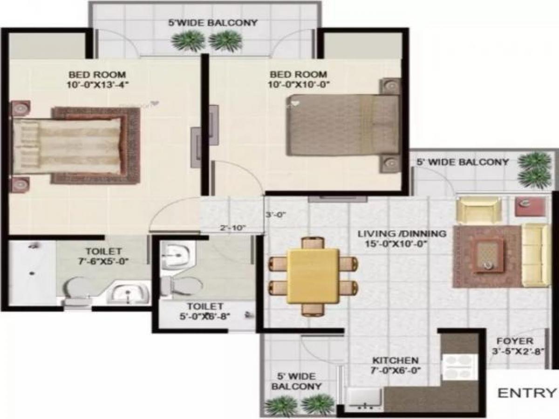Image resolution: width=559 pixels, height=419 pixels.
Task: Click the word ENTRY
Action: point(527,392)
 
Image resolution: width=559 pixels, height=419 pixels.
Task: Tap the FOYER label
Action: point(514,341)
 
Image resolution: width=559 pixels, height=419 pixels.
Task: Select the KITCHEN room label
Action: point(395,360)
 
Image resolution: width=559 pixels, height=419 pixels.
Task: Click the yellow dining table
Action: point(313,276)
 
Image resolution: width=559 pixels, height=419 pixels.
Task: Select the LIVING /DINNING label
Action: point(402,233)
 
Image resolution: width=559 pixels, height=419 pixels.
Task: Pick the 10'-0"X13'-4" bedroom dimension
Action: point(97,84)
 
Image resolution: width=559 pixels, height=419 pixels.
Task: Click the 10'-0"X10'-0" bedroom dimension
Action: point(298,84)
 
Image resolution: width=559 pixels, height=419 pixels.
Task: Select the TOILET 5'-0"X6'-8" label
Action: point(205,311)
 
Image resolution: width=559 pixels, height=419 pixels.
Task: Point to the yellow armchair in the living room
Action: point(478,209)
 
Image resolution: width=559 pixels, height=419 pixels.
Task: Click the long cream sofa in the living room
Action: point(536,255)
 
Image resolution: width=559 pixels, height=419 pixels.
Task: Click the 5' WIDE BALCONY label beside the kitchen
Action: point(297,381)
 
